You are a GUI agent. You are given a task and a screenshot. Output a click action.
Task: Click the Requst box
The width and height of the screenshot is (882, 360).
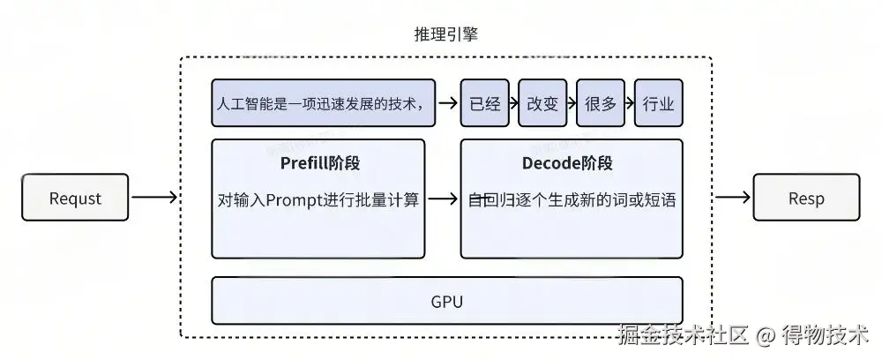[75, 198]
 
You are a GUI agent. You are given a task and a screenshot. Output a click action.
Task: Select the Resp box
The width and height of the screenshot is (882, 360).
[805, 198]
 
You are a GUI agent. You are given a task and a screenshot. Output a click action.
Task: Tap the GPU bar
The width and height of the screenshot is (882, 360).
[447, 301]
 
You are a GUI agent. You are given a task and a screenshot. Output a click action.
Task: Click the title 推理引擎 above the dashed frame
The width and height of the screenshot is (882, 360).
[446, 34]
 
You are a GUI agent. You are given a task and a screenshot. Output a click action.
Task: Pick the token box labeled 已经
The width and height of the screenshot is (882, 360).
[484, 103]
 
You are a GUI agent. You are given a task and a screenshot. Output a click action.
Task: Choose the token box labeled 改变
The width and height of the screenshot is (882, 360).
[542, 103]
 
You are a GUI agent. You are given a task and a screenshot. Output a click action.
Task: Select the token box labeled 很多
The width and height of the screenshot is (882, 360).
[601, 103]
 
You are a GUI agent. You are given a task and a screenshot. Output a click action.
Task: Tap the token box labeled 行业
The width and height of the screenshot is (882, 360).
[658, 103]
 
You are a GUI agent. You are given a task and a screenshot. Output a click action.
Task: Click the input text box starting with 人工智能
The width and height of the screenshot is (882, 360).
[325, 103]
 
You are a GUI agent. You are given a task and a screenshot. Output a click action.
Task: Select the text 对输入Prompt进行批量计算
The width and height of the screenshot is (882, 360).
[318, 199]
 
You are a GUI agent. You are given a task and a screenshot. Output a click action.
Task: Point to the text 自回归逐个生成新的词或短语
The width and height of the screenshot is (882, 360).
[572, 199]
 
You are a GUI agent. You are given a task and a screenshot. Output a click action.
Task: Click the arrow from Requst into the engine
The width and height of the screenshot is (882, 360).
[154, 198]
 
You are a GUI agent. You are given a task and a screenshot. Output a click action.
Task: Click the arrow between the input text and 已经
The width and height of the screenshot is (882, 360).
[448, 103]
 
